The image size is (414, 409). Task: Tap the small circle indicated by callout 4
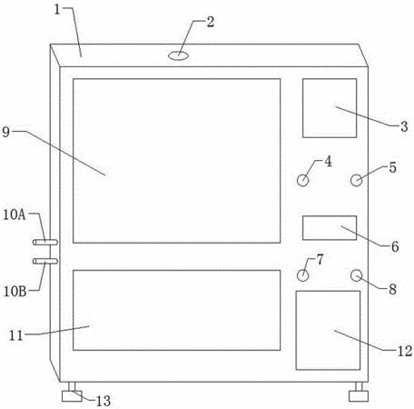(302, 181)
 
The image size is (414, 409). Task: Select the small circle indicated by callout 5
(357, 181)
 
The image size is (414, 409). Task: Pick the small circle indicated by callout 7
(302, 275)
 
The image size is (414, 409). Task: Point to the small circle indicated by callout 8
(357, 275)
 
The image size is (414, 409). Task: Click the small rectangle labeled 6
(330, 228)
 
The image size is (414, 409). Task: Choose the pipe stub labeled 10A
(45, 242)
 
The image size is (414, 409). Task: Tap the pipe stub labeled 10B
(45, 261)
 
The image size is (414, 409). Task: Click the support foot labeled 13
(72, 393)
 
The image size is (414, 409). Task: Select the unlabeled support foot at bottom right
(359, 393)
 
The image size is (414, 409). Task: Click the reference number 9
(6, 133)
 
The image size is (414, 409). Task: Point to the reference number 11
(16, 335)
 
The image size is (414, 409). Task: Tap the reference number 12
(405, 351)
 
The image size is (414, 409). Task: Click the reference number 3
(404, 126)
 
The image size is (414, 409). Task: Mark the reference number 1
(57, 9)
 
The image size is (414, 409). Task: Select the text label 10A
(15, 214)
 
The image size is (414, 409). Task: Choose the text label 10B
(15, 292)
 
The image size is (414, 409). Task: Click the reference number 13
(103, 401)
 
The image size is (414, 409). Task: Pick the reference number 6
(395, 247)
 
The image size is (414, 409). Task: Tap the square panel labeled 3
(330, 108)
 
